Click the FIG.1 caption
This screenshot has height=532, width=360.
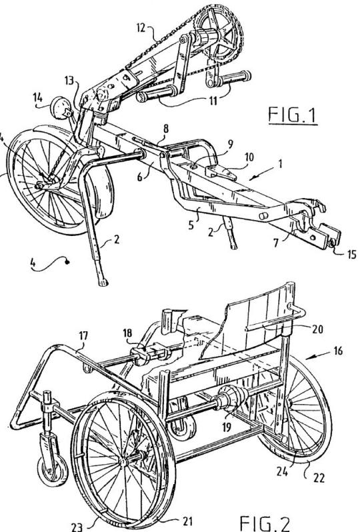pyautogui.click(x=293, y=115)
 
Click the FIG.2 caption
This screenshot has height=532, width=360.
pyautogui.click(x=265, y=523)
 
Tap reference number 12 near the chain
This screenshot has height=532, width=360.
pyautogui.click(x=142, y=27)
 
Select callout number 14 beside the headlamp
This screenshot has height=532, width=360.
pyautogui.click(x=37, y=98)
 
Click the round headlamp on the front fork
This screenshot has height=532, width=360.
pyautogui.click(x=59, y=107)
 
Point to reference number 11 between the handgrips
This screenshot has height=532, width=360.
pyautogui.click(x=213, y=101)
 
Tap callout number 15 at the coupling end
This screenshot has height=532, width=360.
pyautogui.click(x=351, y=254)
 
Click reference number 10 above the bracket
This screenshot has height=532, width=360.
pyautogui.click(x=249, y=157)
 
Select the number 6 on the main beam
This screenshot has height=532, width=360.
pyautogui.click(x=140, y=177)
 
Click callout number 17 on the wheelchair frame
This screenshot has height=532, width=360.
pyautogui.click(x=83, y=336)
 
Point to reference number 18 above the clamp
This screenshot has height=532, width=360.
pyautogui.click(x=127, y=333)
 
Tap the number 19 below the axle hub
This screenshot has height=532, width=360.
pyautogui.click(x=227, y=427)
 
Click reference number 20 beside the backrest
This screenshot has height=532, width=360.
pyautogui.click(x=317, y=329)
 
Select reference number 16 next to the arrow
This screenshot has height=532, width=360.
pyautogui.click(x=337, y=350)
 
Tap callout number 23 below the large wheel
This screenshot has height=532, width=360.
pyautogui.click(x=77, y=527)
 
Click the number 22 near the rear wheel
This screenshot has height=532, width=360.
pyautogui.click(x=319, y=478)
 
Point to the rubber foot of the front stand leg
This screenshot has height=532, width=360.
pyautogui.click(x=103, y=282)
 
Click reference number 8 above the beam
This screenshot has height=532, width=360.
pyautogui.click(x=165, y=129)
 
